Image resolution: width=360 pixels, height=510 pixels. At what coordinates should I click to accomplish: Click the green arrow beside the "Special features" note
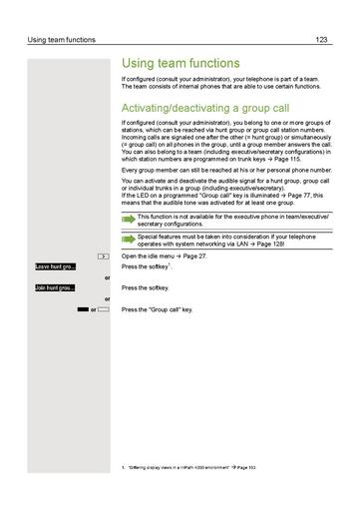pyautogui.click(x=128, y=240)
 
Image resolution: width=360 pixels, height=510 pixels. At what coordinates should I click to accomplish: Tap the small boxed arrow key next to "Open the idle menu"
pyautogui.click(x=104, y=256)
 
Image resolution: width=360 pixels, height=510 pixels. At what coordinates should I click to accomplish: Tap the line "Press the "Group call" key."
pyautogui.click(x=156, y=310)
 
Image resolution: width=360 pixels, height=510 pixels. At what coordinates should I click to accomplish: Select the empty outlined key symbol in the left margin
pyautogui.click(x=104, y=310)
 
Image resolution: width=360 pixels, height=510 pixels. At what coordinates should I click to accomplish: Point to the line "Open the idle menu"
pyautogui.click(x=150, y=256)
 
